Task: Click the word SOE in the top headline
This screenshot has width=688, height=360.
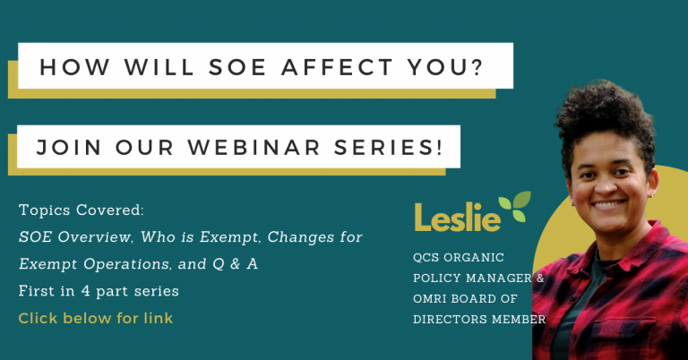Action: pyautogui.click(x=237, y=67)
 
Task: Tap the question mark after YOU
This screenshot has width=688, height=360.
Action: pyautogui.click(x=476, y=67)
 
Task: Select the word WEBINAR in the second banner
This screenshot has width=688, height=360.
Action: pyautogui.click(x=254, y=148)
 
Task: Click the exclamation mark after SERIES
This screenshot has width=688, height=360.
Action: pyautogui.click(x=439, y=148)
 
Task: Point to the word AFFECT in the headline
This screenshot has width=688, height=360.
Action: pyautogui.click(x=337, y=67)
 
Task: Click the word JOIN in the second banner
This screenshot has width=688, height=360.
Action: pyautogui.click(x=69, y=148)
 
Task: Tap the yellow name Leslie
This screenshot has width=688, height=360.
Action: pyautogui.click(x=458, y=217)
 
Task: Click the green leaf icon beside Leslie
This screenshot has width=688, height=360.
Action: pyautogui.click(x=515, y=206)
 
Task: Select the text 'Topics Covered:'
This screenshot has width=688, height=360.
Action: pyautogui.click(x=82, y=210)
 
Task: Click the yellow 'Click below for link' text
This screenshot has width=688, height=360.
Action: pyautogui.click(x=96, y=318)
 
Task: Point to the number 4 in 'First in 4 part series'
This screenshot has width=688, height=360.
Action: pyautogui.click(x=86, y=291)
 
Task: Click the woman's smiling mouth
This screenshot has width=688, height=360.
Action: pyautogui.click(x=608, y=204)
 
